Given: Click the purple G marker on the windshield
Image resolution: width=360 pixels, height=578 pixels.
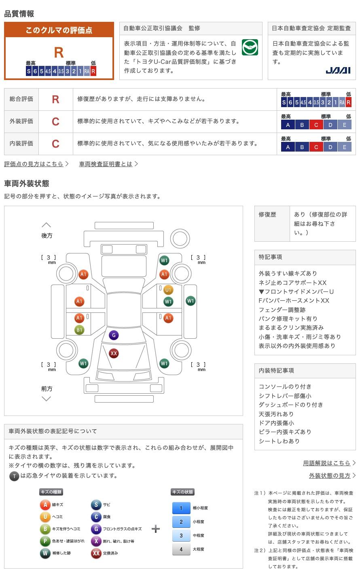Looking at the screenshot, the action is [114, 335].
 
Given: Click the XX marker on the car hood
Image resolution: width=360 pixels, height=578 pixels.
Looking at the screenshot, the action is [114, 353].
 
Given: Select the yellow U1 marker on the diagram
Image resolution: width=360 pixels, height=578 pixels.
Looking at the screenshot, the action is [168, 290].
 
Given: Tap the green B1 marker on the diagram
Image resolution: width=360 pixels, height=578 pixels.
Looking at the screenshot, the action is [79, 330].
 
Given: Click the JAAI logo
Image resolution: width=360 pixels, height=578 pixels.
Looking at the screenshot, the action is [338, 70].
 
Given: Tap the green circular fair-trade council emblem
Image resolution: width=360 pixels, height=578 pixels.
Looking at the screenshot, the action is [250, 47].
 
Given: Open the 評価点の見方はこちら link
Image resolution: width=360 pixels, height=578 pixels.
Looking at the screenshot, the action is [34, 164].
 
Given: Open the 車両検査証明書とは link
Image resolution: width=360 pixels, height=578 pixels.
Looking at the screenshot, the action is [106, 164].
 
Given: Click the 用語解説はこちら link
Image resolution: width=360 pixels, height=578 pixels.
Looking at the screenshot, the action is [327, 463].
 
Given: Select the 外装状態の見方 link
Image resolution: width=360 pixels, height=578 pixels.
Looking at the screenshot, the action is [330, 475].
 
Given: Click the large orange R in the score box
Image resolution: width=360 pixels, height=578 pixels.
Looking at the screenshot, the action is [59, 53].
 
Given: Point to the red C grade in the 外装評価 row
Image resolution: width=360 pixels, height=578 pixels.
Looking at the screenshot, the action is [55, 122].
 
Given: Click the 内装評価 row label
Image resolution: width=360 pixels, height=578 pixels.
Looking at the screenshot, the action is [21, 143].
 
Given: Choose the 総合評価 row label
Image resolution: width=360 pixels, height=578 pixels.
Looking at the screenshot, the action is [21, 99].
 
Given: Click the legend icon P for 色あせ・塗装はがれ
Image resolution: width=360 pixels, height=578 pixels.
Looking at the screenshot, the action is [45, 541].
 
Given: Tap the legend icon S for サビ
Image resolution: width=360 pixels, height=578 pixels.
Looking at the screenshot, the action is [96, 504].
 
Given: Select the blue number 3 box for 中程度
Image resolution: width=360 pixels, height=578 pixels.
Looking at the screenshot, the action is [181, 536].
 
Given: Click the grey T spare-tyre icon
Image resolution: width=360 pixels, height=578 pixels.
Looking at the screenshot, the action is [14, 476].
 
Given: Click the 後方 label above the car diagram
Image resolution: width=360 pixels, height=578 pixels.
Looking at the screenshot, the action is [47, 236].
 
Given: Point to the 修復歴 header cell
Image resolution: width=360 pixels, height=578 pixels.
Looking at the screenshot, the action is [267, 215].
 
